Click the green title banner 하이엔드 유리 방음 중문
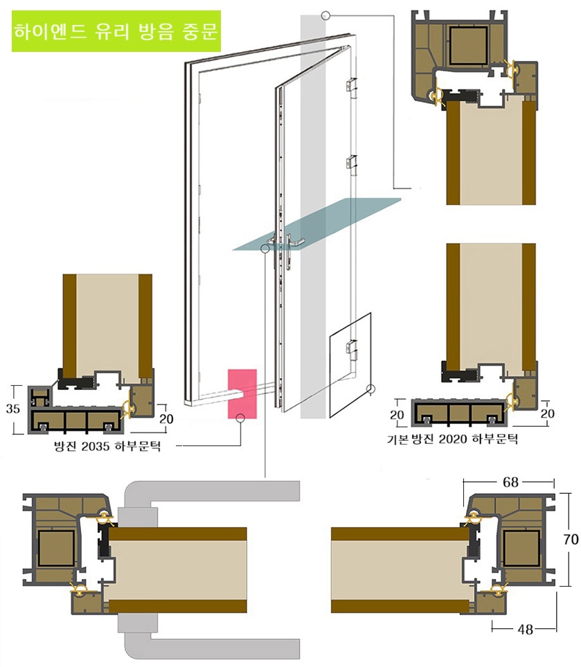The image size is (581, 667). [116, 31]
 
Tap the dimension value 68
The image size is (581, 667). [510, 482]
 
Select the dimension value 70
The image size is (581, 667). [571, 540]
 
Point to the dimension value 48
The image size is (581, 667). [526, 629]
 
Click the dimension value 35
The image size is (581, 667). [12, 409]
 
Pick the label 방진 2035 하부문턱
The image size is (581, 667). [107, 446]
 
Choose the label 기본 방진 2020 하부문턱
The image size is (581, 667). [452, 438]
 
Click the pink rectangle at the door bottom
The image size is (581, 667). [242, 394]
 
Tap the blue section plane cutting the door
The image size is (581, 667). [316, 224]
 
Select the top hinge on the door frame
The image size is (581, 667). [351, 85]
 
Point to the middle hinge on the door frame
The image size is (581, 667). [351, 162]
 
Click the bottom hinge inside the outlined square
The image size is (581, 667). [351, 347]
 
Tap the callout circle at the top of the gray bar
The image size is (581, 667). [325, 16]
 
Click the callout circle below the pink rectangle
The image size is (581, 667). [240, 418]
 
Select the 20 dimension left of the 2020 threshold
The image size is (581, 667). [397, 413]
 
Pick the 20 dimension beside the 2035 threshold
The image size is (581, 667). [166, 419]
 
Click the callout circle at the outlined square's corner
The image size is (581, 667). [371, 389]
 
